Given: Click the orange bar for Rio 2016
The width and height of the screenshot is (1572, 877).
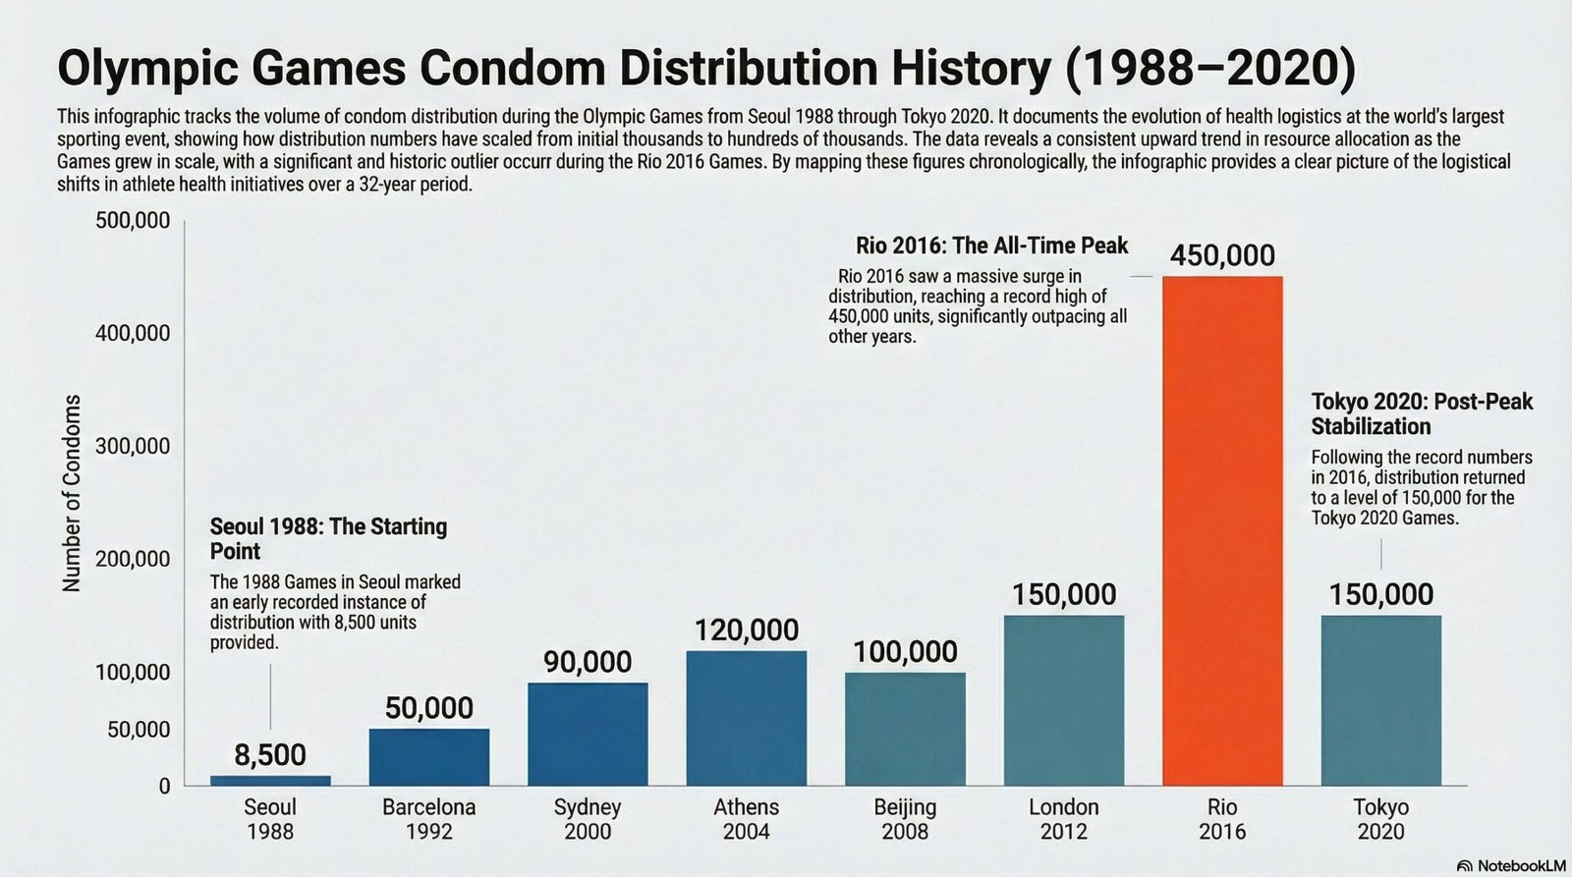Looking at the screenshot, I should tap(1222, 530).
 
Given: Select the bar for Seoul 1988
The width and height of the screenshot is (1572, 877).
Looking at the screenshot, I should tap(270, 780).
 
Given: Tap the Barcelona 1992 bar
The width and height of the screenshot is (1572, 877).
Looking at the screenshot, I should tap(429, 756).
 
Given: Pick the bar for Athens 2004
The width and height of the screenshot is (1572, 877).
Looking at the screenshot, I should tap(747, 718).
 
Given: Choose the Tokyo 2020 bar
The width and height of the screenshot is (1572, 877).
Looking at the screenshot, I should tap(1380, 700).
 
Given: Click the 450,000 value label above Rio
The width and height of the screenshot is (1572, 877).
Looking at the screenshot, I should tap(1222, 256).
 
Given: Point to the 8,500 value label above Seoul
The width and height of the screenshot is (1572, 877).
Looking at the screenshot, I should tap(270, 755).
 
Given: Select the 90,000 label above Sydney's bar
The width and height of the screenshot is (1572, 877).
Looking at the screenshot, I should tap(588, 662).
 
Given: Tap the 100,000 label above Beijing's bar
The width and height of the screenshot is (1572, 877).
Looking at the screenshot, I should tap(905, 652).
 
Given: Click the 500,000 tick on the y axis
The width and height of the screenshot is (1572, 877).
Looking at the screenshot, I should tap(133, 220).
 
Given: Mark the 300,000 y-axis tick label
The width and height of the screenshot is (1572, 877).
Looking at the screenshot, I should tap(133, 447).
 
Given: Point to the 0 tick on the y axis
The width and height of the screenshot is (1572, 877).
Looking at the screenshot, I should tap(164, 786).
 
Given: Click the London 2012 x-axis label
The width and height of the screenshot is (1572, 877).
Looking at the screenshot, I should tap(1064, 819).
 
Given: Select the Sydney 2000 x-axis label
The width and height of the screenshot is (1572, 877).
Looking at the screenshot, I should tap(588, 819).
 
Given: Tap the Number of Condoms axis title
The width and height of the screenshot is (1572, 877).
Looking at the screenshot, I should tap(71, 493).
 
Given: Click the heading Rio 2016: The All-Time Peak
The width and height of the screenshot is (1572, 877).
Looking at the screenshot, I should tap(991, 246).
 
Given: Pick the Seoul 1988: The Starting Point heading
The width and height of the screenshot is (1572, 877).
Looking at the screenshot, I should tap(328, 538).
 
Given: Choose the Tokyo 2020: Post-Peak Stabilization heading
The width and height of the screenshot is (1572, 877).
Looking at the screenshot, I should tap(1422, 413).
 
